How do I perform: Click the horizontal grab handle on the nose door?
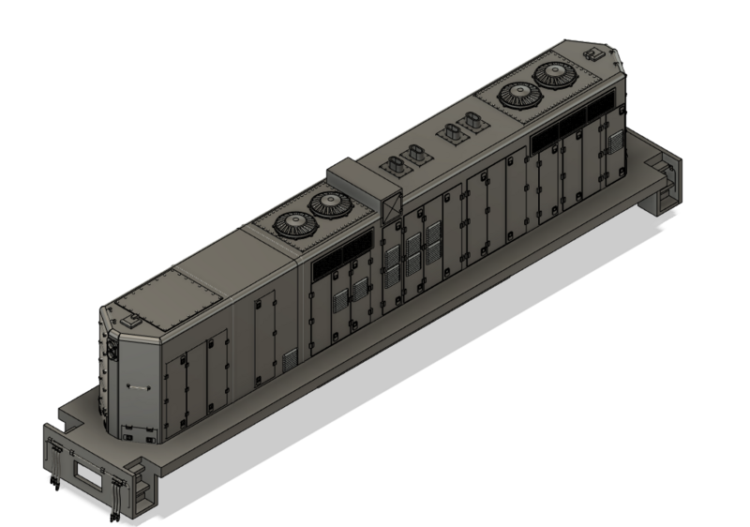pyautogui.click(x=134, y=384)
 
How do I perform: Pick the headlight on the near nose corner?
pyautogui.click(x=112, y=349)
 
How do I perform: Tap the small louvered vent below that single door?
pyautogui.click(x=291, y=359)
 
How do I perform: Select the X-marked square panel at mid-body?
pyautogui.click(x=393, y=207)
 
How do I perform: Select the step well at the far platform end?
pyautogui.click(x=664, y=179)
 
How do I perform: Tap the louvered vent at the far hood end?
pyautogui.click(x=614, y=143)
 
